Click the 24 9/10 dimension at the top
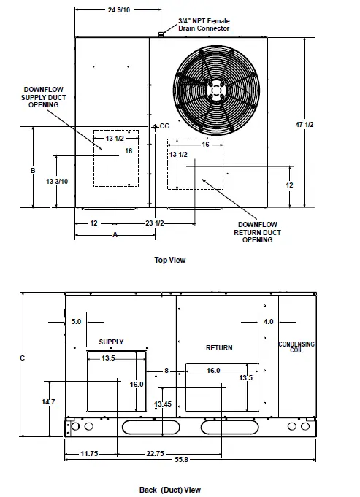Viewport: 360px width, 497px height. (x=118, y=9)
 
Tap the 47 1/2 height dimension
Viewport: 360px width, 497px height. (x=305, y=125)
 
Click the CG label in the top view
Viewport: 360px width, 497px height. (x=164, y=126)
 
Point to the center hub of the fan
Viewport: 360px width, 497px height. (x=216, y=90)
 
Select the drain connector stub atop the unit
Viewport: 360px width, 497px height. (x=161, y=34)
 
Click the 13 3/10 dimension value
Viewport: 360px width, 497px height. (x=57, y=181)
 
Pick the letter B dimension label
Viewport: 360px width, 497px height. (x=33, y=171)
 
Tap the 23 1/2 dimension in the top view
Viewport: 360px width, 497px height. (x=155, y=223)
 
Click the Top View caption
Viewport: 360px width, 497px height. (x=170, y=260)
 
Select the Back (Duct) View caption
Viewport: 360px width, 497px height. (x=170, y=490)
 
